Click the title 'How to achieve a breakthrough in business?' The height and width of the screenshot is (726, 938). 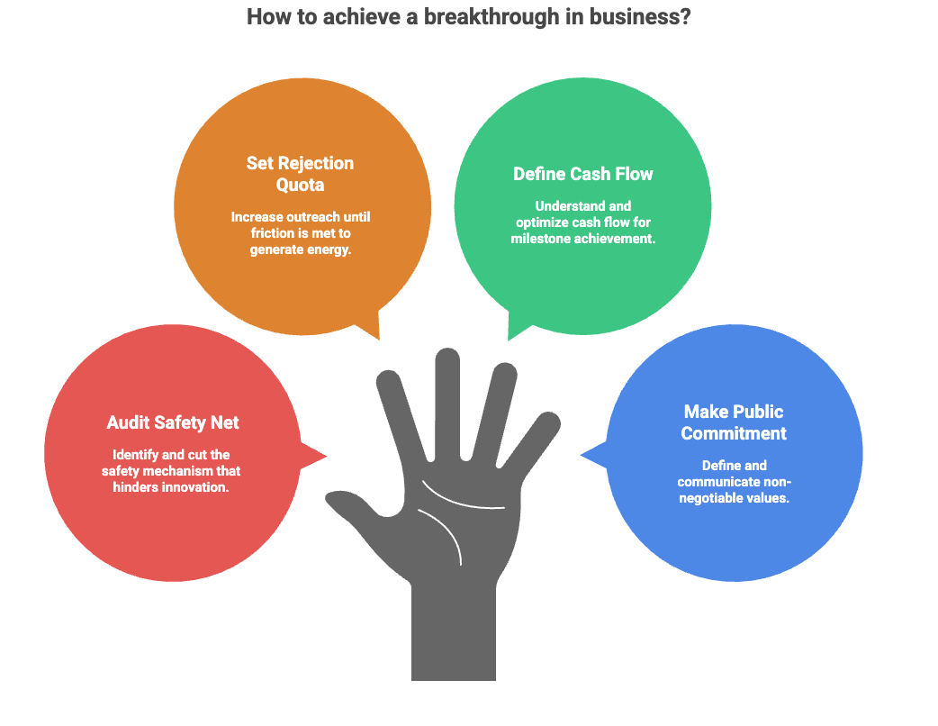pyautogui.click(x=468, y=16)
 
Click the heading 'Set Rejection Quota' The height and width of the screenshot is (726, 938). pyautogui.click(x=300, y=174)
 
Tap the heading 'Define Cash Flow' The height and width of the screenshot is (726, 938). pyautogui.click(x=582, y=174)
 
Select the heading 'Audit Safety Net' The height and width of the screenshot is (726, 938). pyautogui.click(x=173, y=422)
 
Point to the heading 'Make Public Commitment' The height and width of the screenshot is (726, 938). pyautogui.click(x=733, y=422)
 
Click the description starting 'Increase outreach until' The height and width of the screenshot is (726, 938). pyautogui.click(x=300, y=233)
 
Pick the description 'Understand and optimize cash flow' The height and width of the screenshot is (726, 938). pyautogui.click(x=582, y=222)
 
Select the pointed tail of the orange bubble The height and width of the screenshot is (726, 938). pyautogui.click(x=372, y=329)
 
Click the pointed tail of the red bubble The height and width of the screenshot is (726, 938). pyautogui.click(x=317, y=455)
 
